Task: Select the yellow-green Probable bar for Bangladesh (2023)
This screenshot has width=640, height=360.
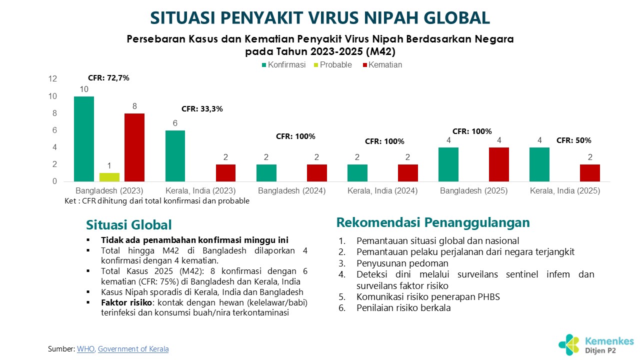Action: (x=109, y=177)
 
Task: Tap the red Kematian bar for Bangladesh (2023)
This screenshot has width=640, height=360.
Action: (x=134, y=147)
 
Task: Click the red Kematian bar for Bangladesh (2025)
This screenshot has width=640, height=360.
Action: (x=499, y=164)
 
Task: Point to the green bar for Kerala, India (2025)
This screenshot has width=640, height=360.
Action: (x=539, y=164)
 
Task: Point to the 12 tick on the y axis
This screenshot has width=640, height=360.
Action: (x=53, y=79)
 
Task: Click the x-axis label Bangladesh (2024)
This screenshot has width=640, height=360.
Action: (x=291, y=191)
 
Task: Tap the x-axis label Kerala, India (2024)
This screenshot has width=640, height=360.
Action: (x=382, y=191)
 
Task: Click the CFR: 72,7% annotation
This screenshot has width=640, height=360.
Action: (x=108, y=77)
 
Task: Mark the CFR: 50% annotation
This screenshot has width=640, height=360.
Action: (x=573, y=140)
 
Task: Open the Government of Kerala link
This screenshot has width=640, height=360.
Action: (x=133, y=349)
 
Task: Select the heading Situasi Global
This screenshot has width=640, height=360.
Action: (x=129, y=225)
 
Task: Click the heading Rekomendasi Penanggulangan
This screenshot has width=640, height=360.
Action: (x=433, y=222)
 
